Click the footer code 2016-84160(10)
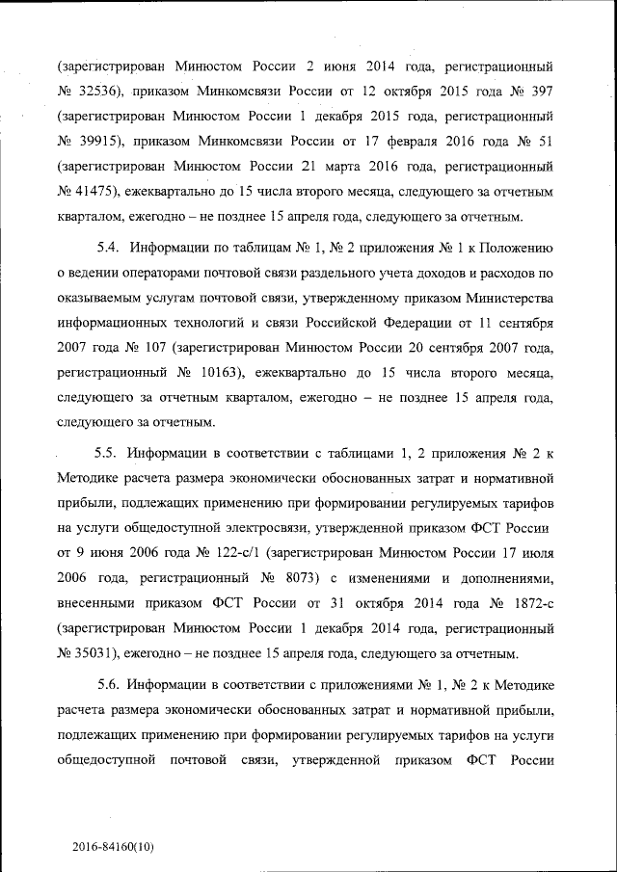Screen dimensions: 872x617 114,847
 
